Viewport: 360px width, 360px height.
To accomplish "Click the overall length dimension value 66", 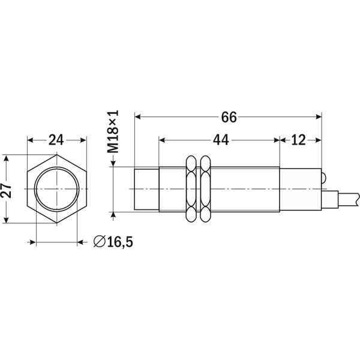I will (x=229, y=118).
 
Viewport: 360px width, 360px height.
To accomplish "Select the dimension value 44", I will (x=220, y=140).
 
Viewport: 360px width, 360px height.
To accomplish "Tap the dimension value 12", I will (x=299, y=140).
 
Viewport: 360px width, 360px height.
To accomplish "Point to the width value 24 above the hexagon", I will (x=56, y=140).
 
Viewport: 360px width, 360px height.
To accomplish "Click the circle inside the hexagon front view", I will (x=56, y=191).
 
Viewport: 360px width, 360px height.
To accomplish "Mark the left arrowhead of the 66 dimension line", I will (x=138, y=118).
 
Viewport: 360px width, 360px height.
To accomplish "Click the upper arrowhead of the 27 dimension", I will (x=6, y=158).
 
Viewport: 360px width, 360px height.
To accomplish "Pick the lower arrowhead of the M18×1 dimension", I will (x=114, y=209).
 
